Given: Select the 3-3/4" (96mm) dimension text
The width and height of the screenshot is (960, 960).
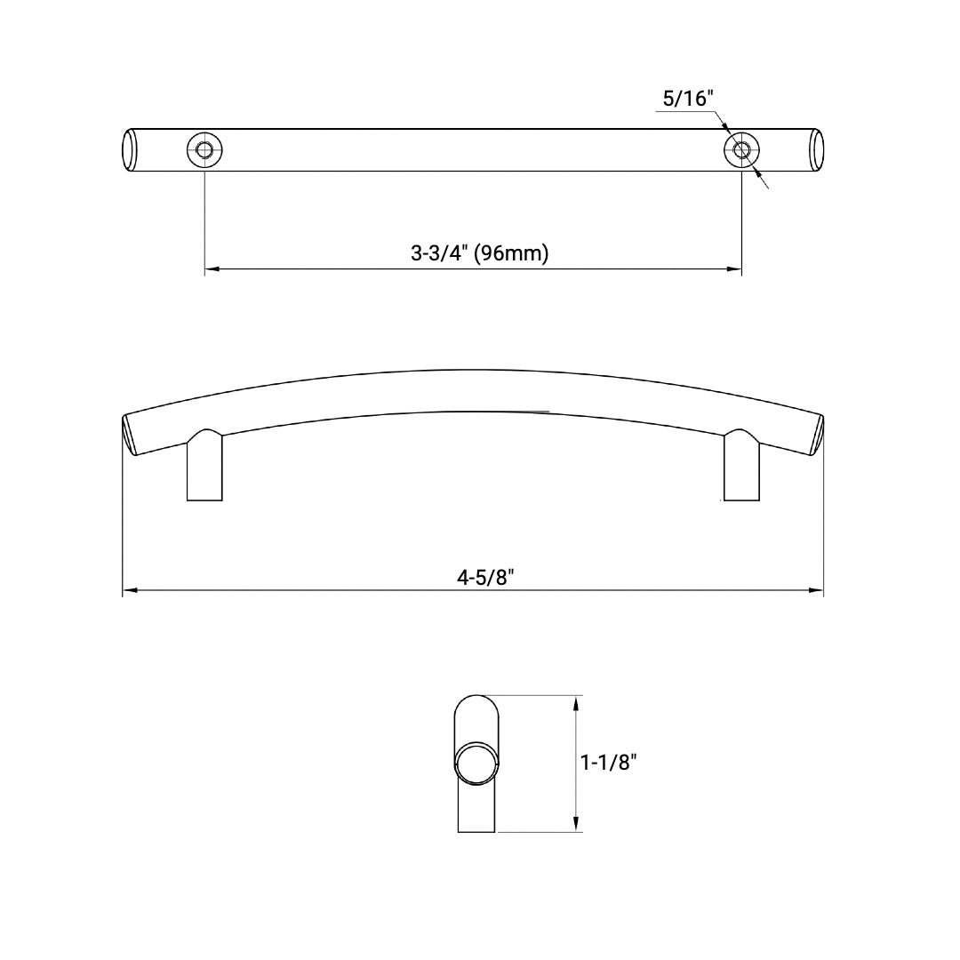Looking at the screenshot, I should (480, 253).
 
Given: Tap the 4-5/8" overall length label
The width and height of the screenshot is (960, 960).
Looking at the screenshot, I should (486, 576).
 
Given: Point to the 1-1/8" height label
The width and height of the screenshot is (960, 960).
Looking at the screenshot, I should (609, 762).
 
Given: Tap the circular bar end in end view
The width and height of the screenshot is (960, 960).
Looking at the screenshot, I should (475, 763).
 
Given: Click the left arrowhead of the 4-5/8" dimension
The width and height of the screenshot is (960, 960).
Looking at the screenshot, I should (128, 590).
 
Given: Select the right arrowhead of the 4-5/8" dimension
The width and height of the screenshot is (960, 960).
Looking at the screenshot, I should (818, 590).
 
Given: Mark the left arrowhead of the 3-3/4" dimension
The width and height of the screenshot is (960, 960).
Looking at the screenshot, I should (211, 268).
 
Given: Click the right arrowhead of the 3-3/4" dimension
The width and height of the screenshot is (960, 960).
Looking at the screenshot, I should (736, 268).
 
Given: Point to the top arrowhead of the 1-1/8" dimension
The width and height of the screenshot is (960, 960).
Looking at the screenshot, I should (577, 701).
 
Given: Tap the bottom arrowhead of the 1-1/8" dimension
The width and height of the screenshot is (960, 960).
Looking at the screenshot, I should (577, 826).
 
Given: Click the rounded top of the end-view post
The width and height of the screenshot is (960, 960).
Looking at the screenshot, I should (476, 705).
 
